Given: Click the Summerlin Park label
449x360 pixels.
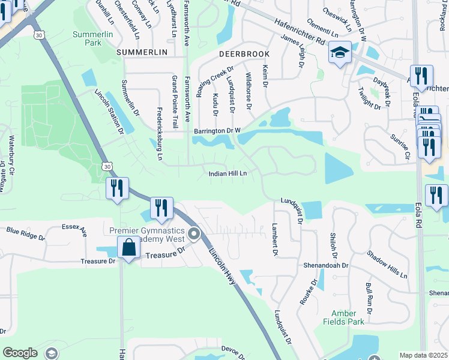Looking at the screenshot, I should [92, 38].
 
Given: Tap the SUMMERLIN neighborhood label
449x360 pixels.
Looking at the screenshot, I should [142, 53].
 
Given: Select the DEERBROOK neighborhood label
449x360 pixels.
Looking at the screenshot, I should [244, 54].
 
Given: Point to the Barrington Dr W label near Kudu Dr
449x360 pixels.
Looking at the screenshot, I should [217, 130].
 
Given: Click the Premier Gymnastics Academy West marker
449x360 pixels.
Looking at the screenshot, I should [193, 234].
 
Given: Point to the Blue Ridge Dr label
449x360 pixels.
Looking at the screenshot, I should [25, 233].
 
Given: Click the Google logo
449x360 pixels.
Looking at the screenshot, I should [20, 353].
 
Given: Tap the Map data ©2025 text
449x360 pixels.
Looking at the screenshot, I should [423, 355].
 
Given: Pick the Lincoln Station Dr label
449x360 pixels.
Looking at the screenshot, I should [109, 112].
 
